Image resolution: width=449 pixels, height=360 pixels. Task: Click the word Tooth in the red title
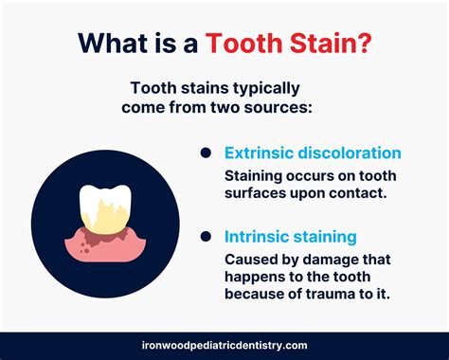254,45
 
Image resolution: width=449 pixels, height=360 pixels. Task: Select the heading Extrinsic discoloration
312,153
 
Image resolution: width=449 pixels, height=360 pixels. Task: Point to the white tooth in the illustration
97,205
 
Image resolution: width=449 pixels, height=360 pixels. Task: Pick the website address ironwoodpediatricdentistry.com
224,347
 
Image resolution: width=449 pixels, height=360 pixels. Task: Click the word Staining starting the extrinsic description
253,176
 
